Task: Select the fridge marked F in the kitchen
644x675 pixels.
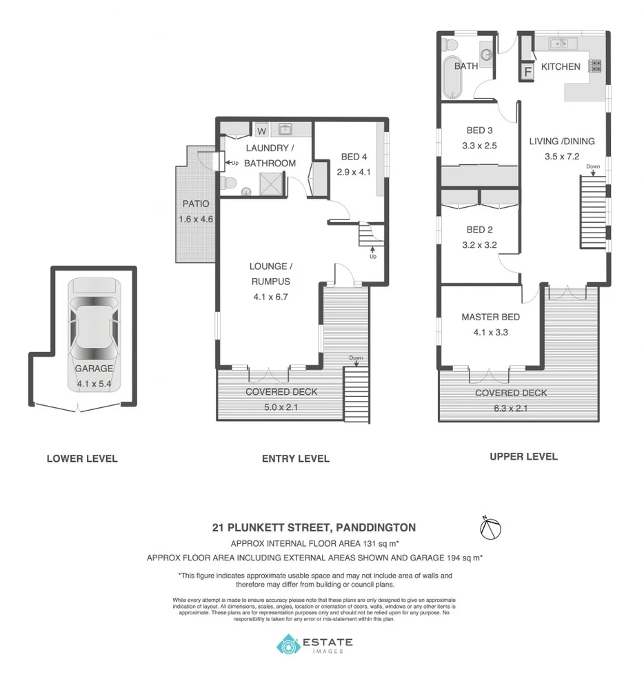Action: click(529, 71)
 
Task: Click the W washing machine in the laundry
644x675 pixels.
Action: click(262, 130)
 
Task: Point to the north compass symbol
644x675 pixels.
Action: click(490, 529)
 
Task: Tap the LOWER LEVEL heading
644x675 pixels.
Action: click(81, 458)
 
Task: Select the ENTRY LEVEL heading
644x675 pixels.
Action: click(295, 458)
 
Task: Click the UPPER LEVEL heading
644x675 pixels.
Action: click(523, 456)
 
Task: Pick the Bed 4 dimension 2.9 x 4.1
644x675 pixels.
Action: click(354, 172)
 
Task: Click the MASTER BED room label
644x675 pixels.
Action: click(490, 317)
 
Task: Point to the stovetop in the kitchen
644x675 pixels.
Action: click(595, 66)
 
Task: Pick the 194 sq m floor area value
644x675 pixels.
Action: click(464, 556)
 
